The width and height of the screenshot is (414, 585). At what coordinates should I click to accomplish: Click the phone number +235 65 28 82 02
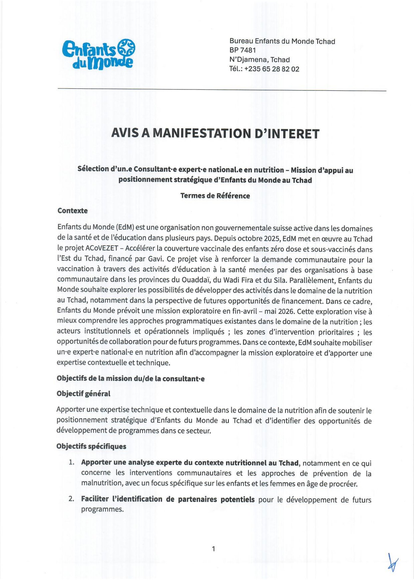[x=272, y=69]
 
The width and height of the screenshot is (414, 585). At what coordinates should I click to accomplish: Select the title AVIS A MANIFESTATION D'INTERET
[x=215, y=134]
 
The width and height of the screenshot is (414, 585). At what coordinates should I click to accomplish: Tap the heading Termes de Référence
[x=215, y=196]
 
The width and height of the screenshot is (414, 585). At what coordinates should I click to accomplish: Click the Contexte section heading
[x=72, y=211]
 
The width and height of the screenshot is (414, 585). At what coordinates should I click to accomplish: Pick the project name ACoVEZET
[x=92, y=249]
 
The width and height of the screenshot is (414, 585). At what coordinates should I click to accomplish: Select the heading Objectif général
[x=83, y=394]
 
